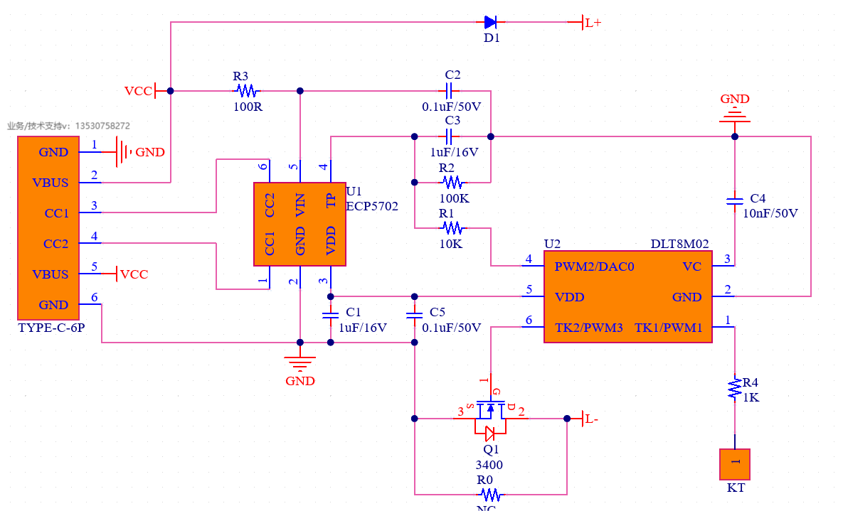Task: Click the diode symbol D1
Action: pyautogui.click(x=491, y=22)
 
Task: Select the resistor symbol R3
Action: pyautogui.click(x=247, y=91)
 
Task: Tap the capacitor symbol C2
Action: pyautogui.click(x=449, y=91)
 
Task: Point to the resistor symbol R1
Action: pyautogui.click(x=452, y=228)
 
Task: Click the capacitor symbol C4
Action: pyautogui.click(x=735, y=201)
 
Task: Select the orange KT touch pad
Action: pyautogui.click(x=735, y=464)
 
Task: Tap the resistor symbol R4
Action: pyautogui.click(x=735, y=388)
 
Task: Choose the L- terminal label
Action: pyautogui.click(x=590, y=419)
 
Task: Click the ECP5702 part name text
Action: pyautogui.click(x=372, y=206)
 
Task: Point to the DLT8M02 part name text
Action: pyautogui.click(x=679, y=244)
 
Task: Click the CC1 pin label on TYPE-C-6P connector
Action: pyautogui.click(x=55, y=213)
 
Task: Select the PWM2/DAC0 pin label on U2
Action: pyautogui.click(x=594, y=267)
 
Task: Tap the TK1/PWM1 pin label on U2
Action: pyautogui.click(x=668, y=328)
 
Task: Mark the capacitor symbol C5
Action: pyautogui.click(x=415, y=313)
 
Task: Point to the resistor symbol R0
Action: pyautogui.click(x=489, y=494)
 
